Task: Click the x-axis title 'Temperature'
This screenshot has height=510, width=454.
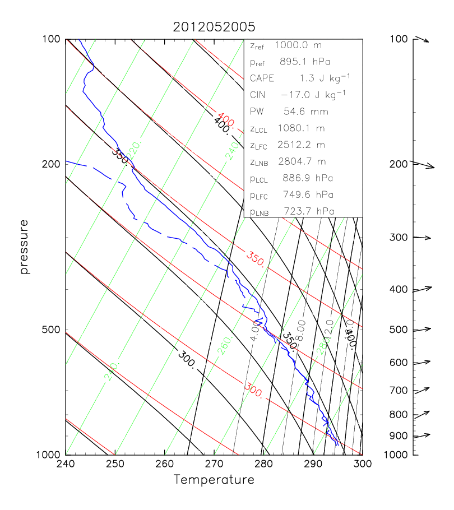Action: point(214,480)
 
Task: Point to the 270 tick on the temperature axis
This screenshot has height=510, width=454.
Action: point(214,464)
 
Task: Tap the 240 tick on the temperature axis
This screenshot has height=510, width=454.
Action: point(66,464)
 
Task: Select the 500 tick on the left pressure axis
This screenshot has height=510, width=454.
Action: point(52,330)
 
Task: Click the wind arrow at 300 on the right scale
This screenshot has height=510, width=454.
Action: point(421,238)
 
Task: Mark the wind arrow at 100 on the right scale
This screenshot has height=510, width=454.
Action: point(421,39)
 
